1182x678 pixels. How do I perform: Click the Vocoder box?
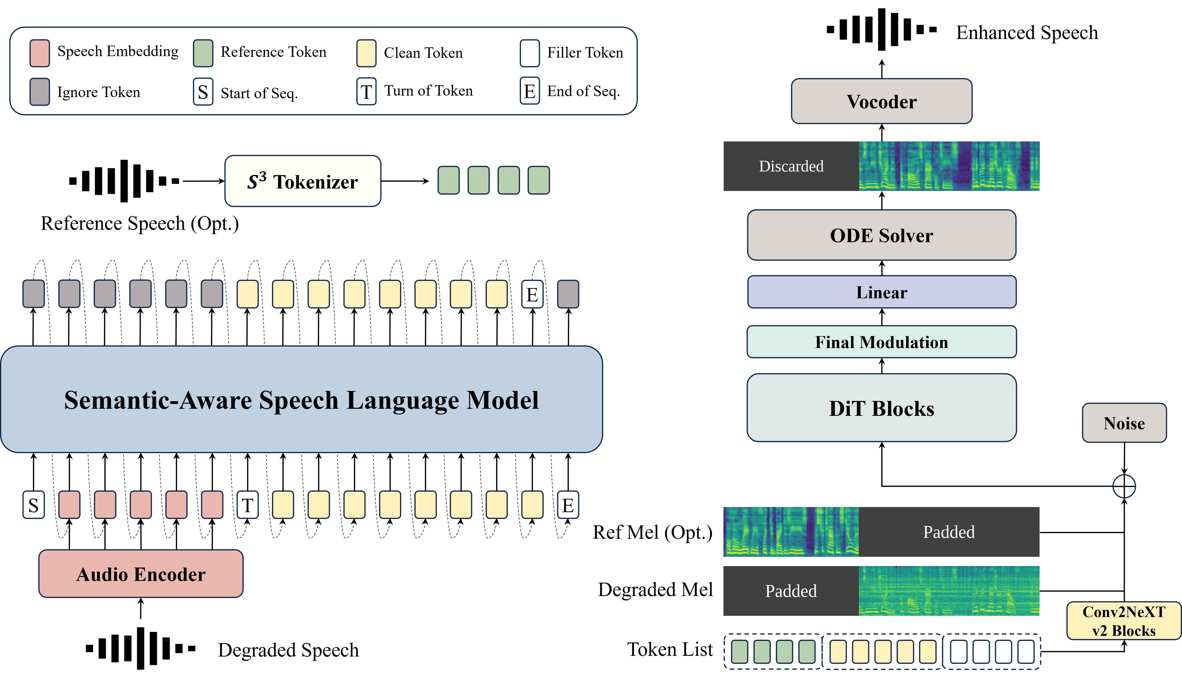click(x=881, y=101)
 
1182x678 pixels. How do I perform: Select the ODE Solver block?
click(x=881, y=235)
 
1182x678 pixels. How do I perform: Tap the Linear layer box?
click(x=881, y=292)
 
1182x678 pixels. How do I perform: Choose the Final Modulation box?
click(x=881, y=342)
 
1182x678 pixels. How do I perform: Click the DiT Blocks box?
click(x=881, y=408)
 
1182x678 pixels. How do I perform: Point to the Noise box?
click(x=1124, y=423)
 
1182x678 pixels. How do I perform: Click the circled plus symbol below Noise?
click(x=1124, y=487)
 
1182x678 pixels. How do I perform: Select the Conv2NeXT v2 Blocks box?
click(x=1124, y=621)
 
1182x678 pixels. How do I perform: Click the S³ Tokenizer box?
click(x=303, y=181)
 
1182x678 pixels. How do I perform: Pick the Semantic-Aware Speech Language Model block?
click(x=301, y=399)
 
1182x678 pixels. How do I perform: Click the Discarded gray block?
click(x=791, y=166)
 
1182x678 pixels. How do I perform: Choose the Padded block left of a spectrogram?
click(x=791, y=591)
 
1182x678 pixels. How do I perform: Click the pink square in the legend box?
click(x=40, y=53)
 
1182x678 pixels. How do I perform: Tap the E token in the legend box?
click(x=530, y=91)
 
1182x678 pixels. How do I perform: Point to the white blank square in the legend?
click(x=530, y=53)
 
